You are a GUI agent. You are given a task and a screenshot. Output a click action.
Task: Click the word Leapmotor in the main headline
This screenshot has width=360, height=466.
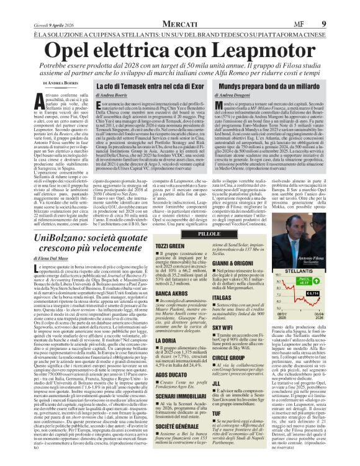tap(255, 49)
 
